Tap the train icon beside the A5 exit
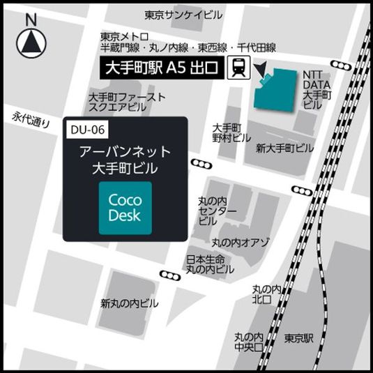239,68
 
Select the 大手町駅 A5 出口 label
161,68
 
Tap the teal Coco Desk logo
125,208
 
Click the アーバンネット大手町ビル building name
125,160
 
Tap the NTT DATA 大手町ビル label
317,89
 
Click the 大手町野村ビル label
228,133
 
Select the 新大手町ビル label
284,148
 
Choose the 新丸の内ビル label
129,303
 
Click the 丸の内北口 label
267,294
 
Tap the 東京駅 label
300,337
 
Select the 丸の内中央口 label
248,342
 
